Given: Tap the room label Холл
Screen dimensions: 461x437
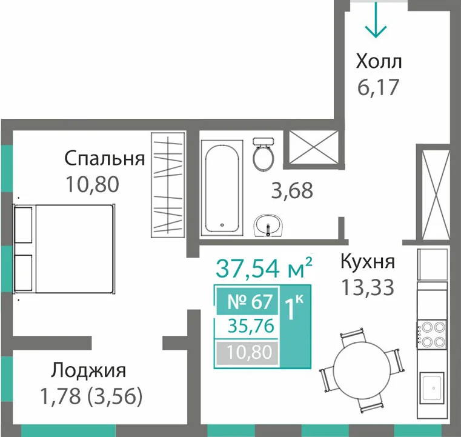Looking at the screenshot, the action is coord(379,62).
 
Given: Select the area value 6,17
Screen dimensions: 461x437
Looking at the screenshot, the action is coord(378,87).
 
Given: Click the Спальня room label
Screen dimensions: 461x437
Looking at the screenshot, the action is coord(105,159).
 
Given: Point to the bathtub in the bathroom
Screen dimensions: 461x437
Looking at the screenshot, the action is coord(222,188).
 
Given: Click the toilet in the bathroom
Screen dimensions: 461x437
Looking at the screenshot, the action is coord(264,154).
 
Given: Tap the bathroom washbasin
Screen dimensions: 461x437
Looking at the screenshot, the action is coord(268,225).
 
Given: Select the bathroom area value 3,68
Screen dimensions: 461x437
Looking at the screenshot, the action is coord(292,190).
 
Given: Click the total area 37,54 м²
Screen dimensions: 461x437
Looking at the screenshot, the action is coord(264,268).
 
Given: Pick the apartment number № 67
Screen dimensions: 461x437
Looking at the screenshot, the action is coord(250,302).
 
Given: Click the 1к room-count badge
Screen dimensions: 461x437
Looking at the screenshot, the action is coord(294,308).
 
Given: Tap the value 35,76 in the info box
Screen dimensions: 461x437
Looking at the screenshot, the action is coord(251,326).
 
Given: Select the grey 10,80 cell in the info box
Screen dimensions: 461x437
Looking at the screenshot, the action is coord(247,352).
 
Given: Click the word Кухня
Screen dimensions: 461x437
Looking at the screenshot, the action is coord(368,261).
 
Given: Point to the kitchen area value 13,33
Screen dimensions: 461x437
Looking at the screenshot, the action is coord(368,287).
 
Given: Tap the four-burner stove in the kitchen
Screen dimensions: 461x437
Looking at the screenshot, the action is coord(432,335).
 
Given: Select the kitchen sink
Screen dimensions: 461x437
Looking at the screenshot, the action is coord(432,388).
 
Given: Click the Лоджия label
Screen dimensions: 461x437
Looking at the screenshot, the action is coord(88,371).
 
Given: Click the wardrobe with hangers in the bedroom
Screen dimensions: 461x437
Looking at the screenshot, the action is coord(168,185).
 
